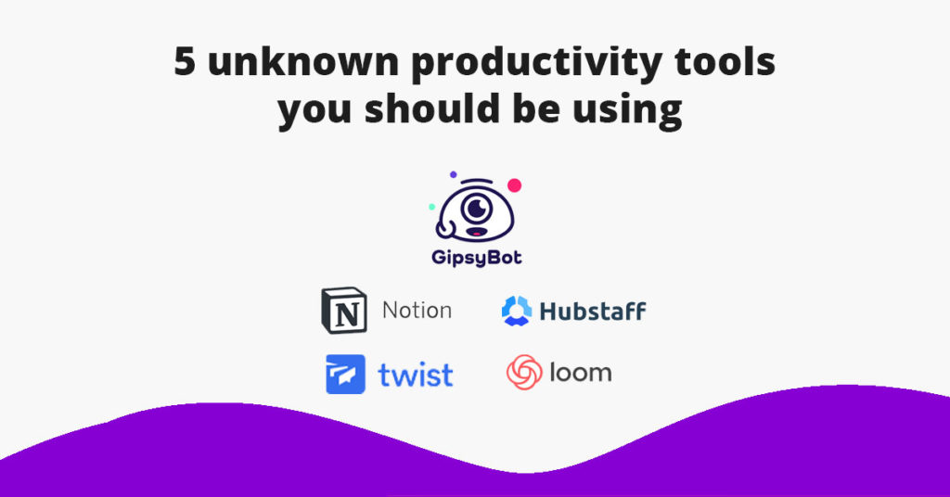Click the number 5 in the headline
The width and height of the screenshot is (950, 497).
click(185, 61)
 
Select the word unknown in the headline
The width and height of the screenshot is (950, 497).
click(303, 61)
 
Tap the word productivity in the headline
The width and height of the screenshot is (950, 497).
click(536, 64)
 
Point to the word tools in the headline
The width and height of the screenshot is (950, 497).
click(725, 61)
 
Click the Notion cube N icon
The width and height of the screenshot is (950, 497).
click(344, 311)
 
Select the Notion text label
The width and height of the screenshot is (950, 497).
click(417, 311)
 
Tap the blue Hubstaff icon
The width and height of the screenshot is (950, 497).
click(517, 311)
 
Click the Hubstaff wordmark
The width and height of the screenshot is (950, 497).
click(593, 311)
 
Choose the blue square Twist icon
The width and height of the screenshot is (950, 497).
click(345, 374)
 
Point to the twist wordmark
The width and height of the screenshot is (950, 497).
click(416, 375)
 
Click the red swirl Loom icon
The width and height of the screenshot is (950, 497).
click(524, 372)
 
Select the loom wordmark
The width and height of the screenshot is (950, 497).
click(581, 373)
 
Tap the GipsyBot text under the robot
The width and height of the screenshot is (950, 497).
click(477, 258)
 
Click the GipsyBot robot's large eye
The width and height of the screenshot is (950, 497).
click(476, 209)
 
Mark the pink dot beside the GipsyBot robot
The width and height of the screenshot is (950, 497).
click(514, 185)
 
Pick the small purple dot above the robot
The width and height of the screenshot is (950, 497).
click(453, 174)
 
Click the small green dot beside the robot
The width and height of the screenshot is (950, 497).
click(432, 207)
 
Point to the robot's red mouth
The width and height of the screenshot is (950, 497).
click(476, 233)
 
